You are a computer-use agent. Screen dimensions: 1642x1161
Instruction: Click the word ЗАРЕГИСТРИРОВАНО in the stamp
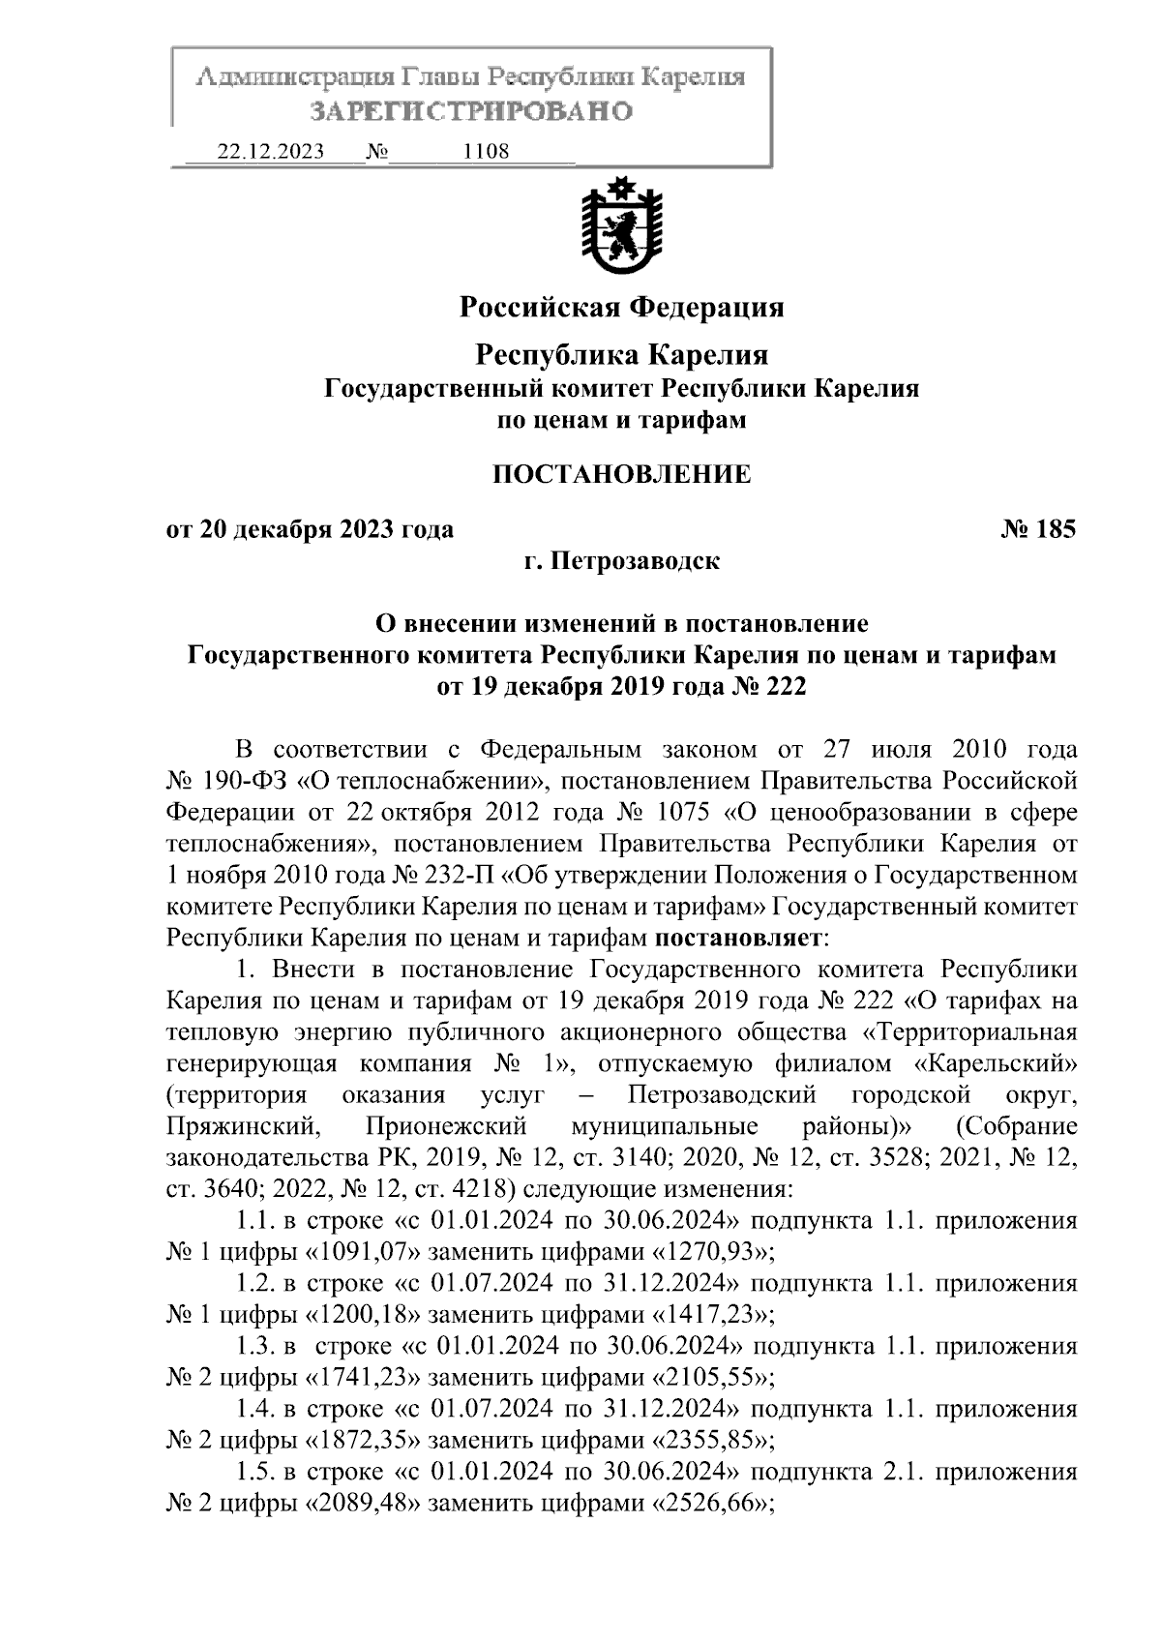471,111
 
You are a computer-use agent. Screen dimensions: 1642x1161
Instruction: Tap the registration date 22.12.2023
271,152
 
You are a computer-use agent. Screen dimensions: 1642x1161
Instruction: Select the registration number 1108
487,152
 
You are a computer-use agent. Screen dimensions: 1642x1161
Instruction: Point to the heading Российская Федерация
621,308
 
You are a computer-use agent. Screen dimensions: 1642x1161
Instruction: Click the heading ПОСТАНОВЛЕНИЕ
621,474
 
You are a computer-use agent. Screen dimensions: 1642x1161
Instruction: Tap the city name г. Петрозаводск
621,561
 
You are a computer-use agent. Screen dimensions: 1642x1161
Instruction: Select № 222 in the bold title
770,686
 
